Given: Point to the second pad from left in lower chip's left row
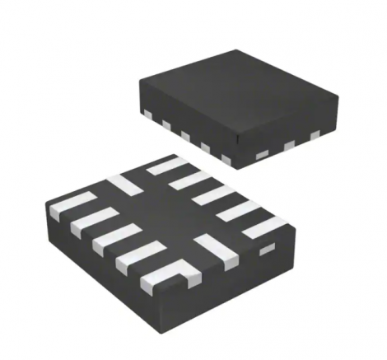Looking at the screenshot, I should [91, 220].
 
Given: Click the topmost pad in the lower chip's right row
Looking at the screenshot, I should [167, 166].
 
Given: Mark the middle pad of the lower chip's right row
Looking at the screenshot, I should [212, 194].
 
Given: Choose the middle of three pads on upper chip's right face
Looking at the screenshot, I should [289, 145].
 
